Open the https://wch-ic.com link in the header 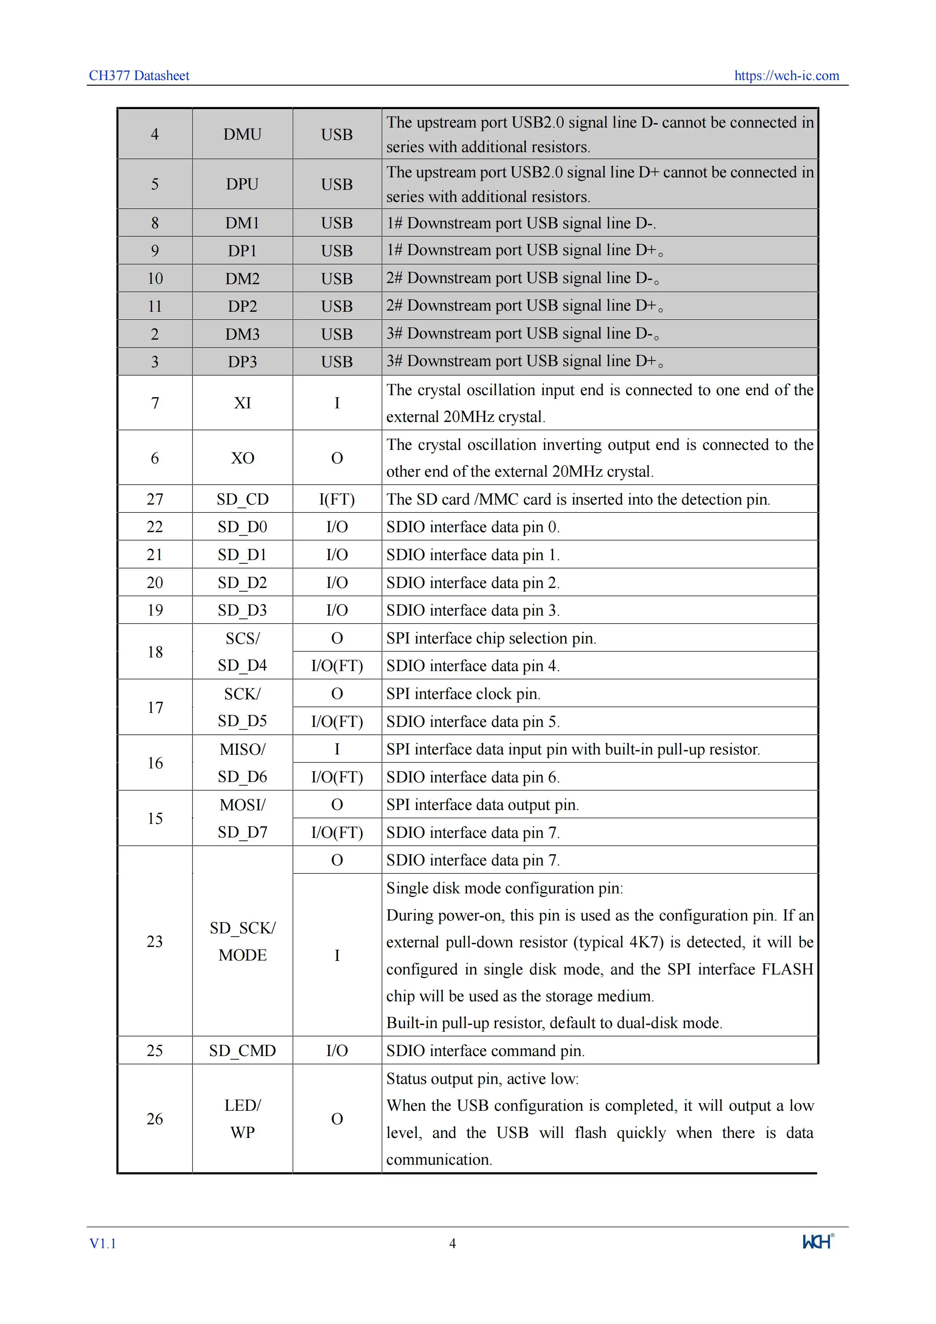tap(786, 75)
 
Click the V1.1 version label tap(103, 1243)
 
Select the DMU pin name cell tap(242, 134)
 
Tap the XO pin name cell tap(242, 458)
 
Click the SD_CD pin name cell tap(242, 499)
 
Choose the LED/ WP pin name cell tap(242, 1118)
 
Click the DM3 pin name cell tap(242, 334)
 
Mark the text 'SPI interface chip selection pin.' tap(491, 638)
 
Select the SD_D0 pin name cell tap(242, 527)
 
